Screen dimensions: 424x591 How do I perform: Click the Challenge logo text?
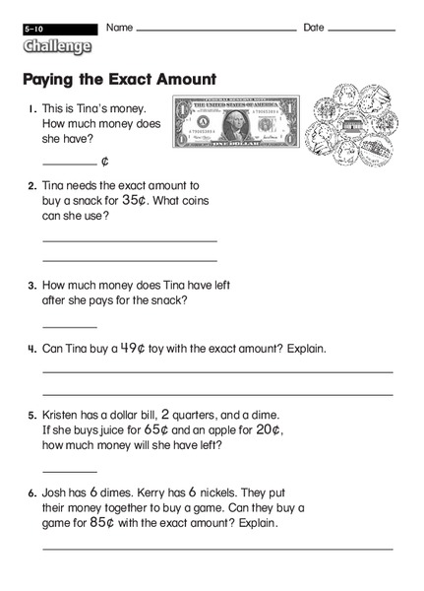click(58, 46)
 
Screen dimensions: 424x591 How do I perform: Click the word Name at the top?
click(119, 28)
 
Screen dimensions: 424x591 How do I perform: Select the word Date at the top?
click(314, 28)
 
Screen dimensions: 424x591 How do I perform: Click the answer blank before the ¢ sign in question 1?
click(69, 162)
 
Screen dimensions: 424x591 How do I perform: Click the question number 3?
click(31, 286)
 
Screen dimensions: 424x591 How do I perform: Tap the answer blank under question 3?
click(69, 325)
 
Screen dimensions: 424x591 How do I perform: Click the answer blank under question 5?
click(69, 471)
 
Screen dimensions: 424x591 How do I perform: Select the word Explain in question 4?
click(301, 349)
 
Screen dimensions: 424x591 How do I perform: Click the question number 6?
click(31, 492)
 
